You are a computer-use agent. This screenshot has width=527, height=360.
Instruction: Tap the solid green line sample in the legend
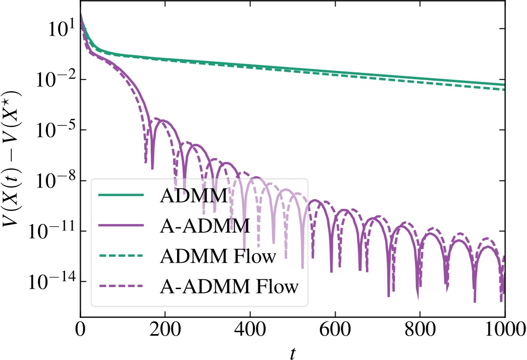pyautogui.click(x=121, y=196)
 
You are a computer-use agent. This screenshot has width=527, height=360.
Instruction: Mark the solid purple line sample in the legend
pyautogui.click(x=121, y=225)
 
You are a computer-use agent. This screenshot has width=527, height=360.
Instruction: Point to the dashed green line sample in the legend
pyautogui.click(x=121, y=256)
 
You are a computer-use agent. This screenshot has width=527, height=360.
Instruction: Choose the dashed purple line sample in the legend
pyautogui.click(x=121, y=286)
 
